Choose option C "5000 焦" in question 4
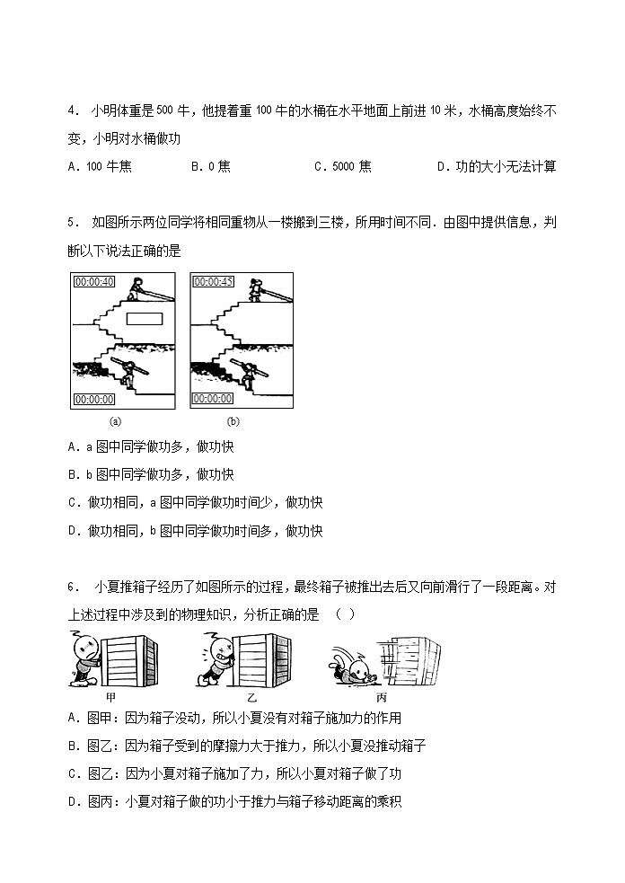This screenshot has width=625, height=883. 342,166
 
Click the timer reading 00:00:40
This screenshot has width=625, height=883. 94,282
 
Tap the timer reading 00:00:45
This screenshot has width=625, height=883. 214,282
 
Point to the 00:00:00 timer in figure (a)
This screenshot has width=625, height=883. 94,399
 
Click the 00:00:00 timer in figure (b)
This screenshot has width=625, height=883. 214,399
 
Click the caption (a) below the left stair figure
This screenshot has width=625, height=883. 115,420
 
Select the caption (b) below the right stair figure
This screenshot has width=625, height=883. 233,420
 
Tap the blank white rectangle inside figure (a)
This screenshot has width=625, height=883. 144,318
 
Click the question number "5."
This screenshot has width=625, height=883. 75,223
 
